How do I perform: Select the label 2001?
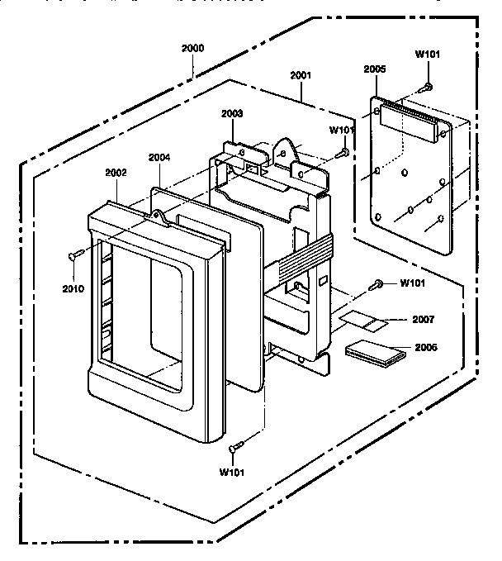point(301,75)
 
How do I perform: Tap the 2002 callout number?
point(116,173)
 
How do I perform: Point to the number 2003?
point(232,112)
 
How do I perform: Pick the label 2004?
point(160,157)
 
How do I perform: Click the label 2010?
point(73,288)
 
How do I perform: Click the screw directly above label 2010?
point(73,256)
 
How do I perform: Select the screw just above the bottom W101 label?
point(236,446)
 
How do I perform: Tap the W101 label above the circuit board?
point(427,55)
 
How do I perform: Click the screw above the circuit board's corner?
point(428,85)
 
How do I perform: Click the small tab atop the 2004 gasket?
point(156,216)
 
